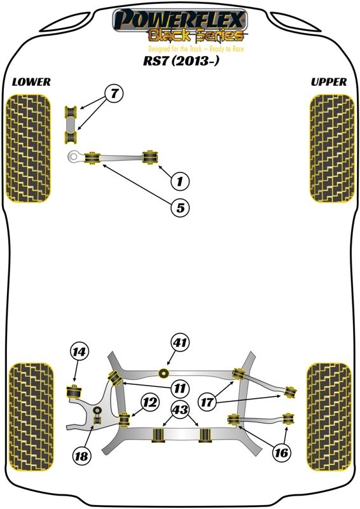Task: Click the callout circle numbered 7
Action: [114, 94]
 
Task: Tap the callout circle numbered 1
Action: [180, 181]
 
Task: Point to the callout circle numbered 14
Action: [79, 352]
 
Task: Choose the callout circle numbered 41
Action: [180, 342]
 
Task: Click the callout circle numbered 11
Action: [180, 387]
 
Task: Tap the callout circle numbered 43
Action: [180, 409]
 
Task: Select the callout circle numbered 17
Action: [207, 403]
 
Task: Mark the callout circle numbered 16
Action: [281, 452]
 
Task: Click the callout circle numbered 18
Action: [81, 456]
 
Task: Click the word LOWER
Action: [31, 82]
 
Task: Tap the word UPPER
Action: [329, 82]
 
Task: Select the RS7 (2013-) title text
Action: [181, 60]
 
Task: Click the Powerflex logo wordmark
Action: [180, 20]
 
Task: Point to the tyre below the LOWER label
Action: [29, 149]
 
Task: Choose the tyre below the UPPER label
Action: [332, 149]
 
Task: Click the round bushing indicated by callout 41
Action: [164, 373]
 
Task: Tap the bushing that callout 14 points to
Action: [74, 392]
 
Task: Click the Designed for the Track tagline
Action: [196, 49]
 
